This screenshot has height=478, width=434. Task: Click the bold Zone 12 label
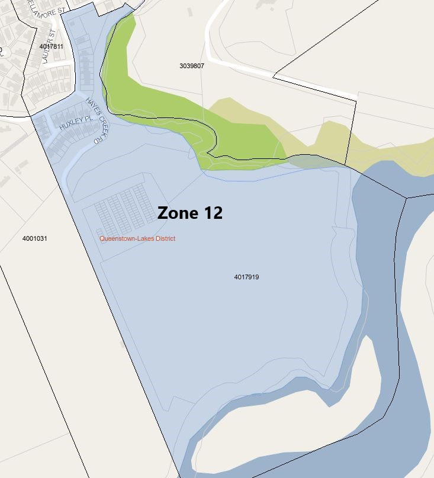point(190,213)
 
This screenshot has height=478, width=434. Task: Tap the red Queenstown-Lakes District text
point(137,238)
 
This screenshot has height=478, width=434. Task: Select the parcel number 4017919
point(247,277)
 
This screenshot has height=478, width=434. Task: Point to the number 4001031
point(35,238)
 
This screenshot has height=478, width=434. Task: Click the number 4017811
point(51,46)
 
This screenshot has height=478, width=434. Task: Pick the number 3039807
point(192,66)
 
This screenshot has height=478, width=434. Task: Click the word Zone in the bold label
point(177,213)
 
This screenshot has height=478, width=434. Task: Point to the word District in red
point(163,238)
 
